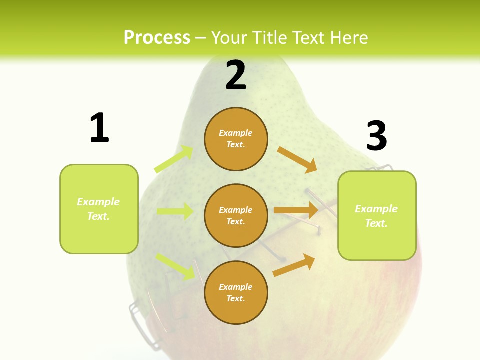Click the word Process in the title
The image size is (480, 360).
tap(157, 38)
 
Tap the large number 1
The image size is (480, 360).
tap(99, 128)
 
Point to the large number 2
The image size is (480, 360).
tap(236, 75)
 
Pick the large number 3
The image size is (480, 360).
tap(376, 136)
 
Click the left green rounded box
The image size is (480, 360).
tap(99, 209)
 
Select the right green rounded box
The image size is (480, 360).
tap(377, 215)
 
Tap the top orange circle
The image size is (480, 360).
tap(236, 139)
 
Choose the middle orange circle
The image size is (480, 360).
tap(236, 215)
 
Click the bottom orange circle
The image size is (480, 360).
tap(236, 292)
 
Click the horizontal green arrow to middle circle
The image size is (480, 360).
tap(175, 211)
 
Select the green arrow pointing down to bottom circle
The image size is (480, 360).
tap(175, 266)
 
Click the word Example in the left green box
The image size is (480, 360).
tap(98, 202)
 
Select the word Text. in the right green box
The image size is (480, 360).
tap(376, 223)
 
